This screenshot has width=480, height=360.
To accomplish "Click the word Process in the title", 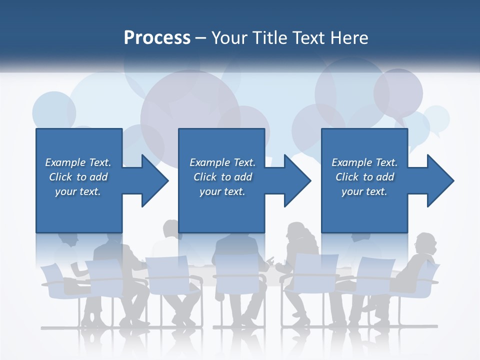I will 157,38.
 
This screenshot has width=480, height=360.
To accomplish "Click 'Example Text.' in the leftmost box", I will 78,162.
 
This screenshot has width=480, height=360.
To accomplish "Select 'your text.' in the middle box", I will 222,191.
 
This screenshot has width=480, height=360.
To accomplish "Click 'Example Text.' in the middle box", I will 222,162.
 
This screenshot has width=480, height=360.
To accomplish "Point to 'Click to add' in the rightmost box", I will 365,177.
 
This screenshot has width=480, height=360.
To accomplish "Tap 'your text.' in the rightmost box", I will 364,191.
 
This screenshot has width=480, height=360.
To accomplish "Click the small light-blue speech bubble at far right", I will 436,119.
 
